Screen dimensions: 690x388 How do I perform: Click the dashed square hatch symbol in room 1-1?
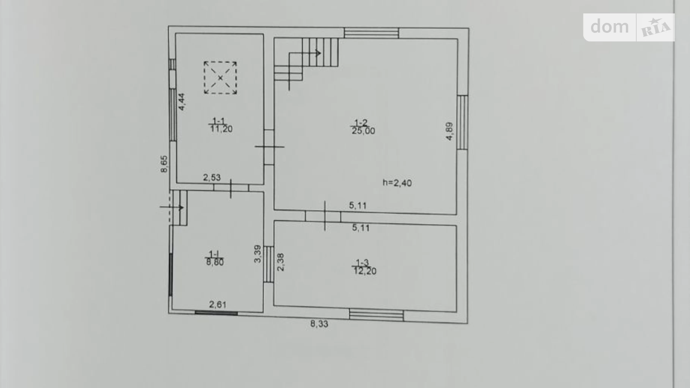[x=220, y=78]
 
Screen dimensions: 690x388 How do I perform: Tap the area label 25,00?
[x=364, y=131]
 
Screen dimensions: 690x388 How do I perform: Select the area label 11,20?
[x=221, y=129]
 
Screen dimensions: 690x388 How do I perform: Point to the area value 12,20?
[x=365, y=271]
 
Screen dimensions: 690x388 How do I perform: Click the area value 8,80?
[x=215, y=262]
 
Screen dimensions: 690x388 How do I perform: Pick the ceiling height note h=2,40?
[x=397, y=183]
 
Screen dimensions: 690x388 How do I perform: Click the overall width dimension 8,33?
[x=319, y=324]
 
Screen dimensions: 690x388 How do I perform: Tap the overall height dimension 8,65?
[x=164, y=164]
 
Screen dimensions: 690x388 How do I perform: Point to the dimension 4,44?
[x=181, y=102]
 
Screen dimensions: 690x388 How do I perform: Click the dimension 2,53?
[x=212, y=178]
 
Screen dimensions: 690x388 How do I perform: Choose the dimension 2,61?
[x=218, y=305]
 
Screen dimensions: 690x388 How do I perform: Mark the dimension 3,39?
[x=258, y=254]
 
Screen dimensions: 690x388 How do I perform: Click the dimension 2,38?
[x=281, y=262]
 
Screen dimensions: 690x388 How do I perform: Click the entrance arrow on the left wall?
[x=172, y=207]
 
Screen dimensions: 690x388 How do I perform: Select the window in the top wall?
[x=371, y=33]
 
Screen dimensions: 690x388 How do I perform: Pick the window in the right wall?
[x=462, y=122]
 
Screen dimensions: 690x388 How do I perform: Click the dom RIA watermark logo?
[x=629, y=27]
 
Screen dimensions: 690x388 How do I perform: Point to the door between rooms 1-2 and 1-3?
[x=323, y=216]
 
